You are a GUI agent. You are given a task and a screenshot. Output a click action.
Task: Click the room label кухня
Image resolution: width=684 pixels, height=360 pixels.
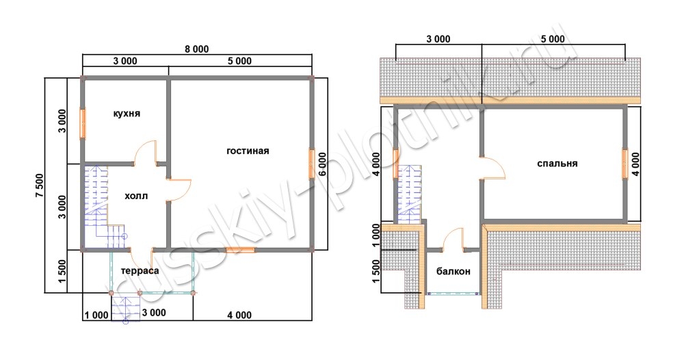point(127,114)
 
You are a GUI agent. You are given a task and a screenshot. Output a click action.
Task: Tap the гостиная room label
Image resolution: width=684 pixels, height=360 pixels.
point(248,151)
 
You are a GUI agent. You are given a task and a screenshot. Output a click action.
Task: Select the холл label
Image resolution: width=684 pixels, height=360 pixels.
point(136,196)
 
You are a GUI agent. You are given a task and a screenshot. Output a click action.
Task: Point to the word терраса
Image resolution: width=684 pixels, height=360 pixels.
point(140,270)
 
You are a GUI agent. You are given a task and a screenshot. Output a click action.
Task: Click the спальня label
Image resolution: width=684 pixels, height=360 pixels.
point(557,164)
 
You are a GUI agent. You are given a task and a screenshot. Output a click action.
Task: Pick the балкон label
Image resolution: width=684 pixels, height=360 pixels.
point(453,272)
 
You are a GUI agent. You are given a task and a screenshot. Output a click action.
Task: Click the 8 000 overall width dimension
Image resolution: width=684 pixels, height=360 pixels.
point(197,49)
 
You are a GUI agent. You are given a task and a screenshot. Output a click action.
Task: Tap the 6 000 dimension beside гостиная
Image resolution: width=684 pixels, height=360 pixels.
point(322,164)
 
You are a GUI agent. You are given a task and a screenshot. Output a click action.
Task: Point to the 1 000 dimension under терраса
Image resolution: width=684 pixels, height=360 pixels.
point(96,315)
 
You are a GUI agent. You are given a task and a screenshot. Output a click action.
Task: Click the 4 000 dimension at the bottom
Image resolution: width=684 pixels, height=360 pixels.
point(239,315)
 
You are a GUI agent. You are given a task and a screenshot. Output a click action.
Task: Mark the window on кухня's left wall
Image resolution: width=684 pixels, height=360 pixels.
point(83,123)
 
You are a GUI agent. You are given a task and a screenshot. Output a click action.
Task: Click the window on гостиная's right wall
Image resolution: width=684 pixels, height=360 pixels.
point(312,164)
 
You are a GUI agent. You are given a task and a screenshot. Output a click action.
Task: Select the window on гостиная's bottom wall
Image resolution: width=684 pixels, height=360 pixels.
point(240,250)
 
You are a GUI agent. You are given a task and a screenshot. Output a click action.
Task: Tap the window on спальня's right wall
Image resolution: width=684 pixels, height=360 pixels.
point(624,164)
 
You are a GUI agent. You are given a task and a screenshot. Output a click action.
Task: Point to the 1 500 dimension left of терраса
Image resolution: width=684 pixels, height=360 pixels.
point(62,271)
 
